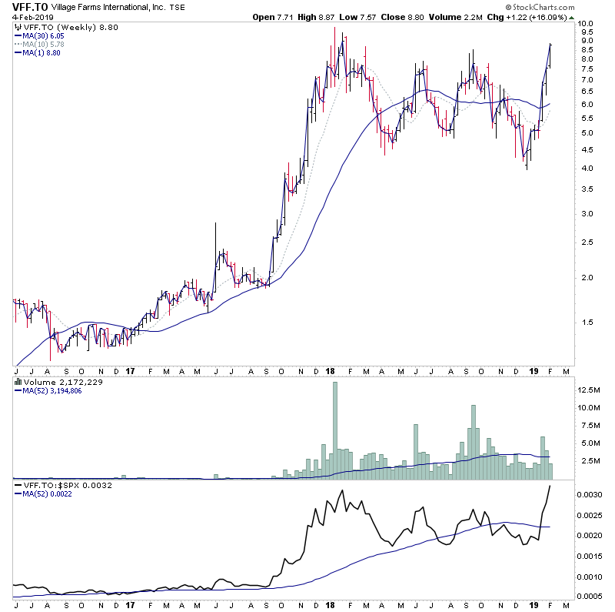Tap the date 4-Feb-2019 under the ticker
pyautogui.click(x=24, y=17)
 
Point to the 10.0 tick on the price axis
pyautogui.click(x=587, y=24)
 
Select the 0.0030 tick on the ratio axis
pyautogui.click(x=590, y=493)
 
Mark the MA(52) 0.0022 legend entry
pyautogui.click(x=48, y=495)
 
